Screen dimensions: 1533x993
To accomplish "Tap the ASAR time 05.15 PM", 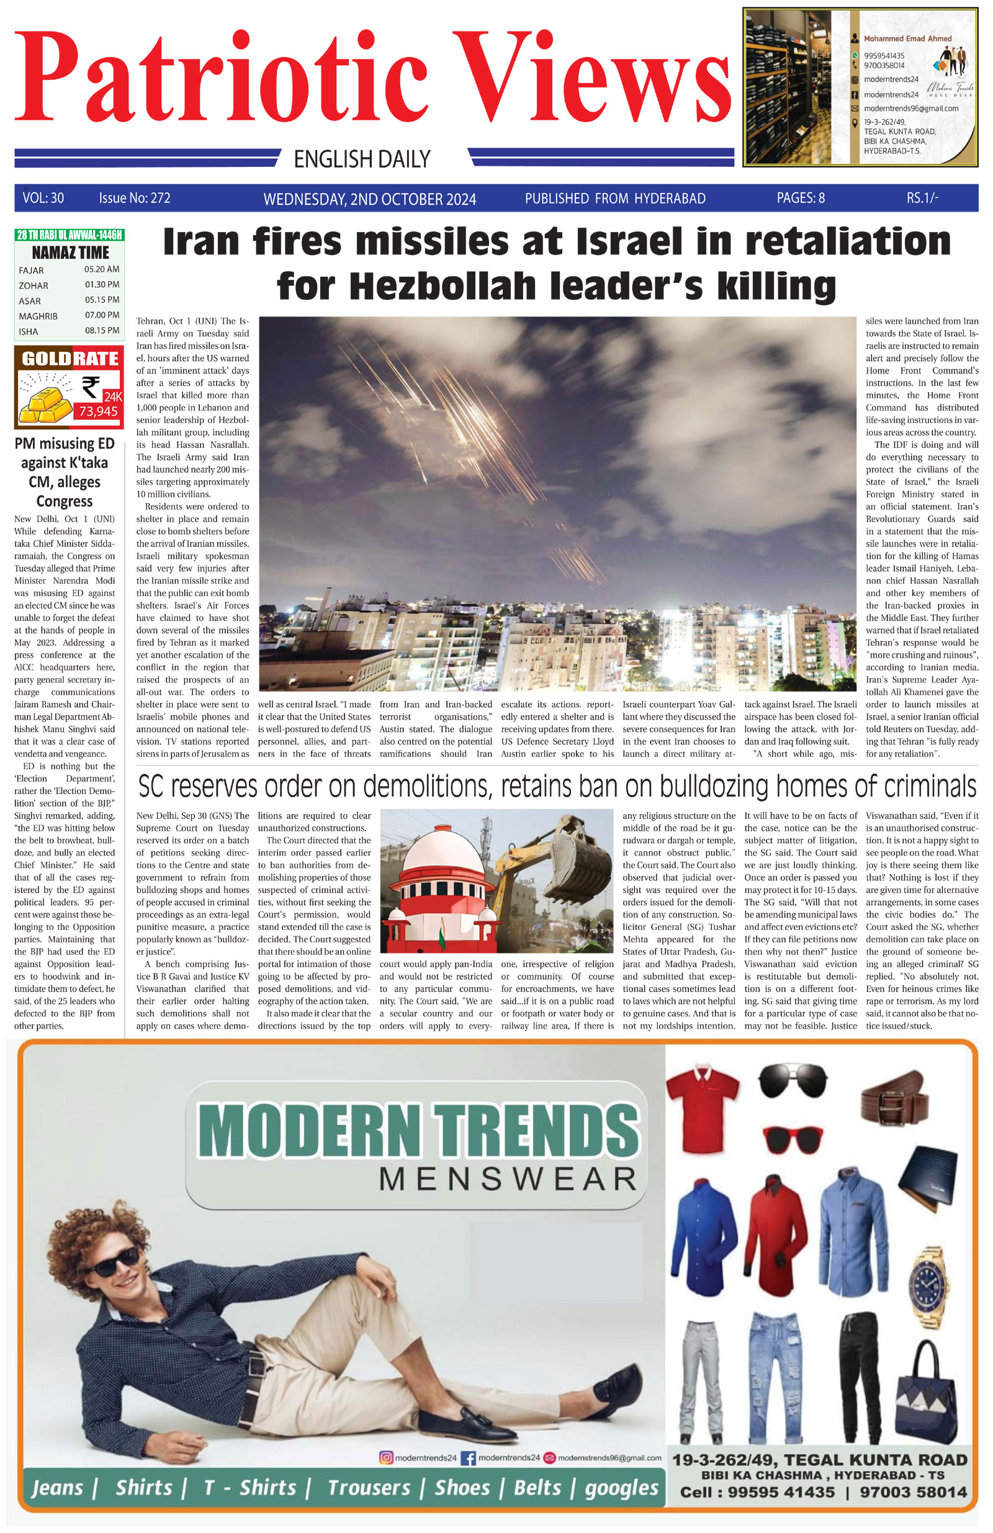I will (102, 300).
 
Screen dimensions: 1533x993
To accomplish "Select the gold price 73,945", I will (98, 411).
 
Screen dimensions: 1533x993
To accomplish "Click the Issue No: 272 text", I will (135, 198).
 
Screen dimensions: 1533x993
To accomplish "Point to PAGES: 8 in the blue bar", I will (800, 198).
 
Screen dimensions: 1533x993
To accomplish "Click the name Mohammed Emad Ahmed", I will (907, 38).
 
